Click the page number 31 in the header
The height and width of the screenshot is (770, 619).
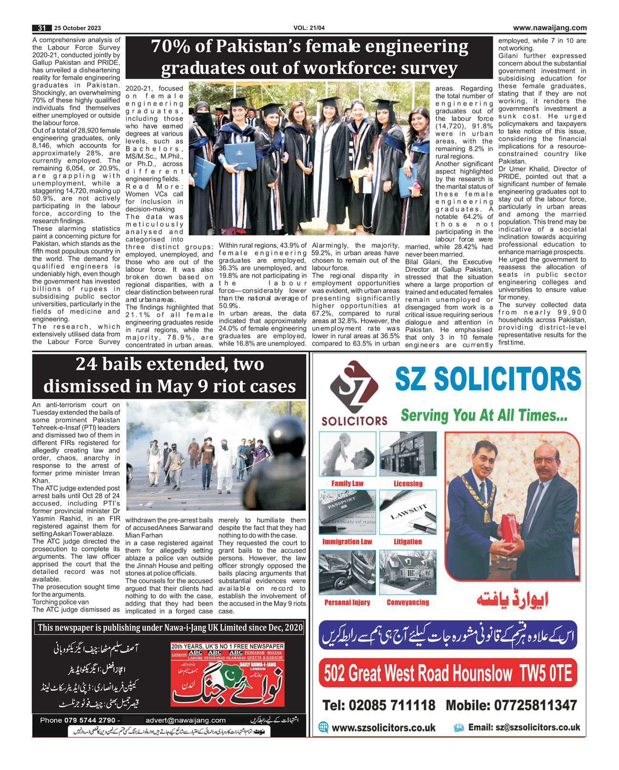tap(42, 28)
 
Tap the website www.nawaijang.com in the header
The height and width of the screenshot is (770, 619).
tap(550, 28)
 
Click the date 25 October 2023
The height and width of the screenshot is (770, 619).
tap(77, 28)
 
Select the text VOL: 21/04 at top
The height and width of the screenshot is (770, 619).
tap(309, 28)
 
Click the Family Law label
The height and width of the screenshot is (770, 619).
tap(347, 484)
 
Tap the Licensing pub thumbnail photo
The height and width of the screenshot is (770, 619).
tap(408, 454)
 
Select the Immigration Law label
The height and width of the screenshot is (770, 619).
tap(347, 542)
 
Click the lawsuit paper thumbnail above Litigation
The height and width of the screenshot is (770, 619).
tap(408, 512)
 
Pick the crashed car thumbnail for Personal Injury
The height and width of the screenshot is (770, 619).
tap(347, 572)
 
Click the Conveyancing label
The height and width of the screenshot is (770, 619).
tap(408, 602)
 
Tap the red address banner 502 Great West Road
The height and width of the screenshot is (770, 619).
tap(448, 674)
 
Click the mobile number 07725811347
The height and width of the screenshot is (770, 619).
tap(511, 705)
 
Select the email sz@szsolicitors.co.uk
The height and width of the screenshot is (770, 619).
tap(524, 728)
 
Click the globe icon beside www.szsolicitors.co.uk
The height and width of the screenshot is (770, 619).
tap(323, 728)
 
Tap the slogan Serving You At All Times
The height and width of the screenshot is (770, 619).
tap(484, 415)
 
